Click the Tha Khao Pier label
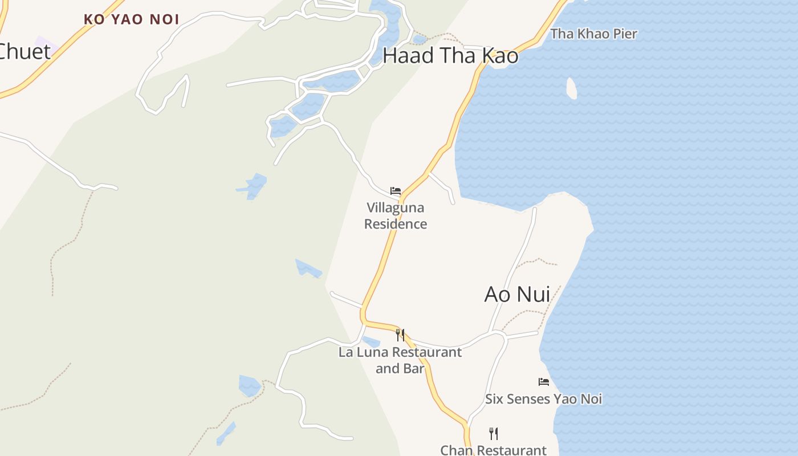pyautogui.click(x=593, y=34)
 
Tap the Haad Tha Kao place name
pyautogui.click(x=450, y=56)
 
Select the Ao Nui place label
pyautogui.click(x=517, y=294)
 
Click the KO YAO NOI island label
pyautogui.click(x=131, y=19)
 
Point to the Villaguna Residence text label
pyautogui.click(x=396, y=215)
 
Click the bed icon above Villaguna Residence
pyautogui.click(x=396, y=191)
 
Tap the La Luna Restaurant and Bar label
pyautogui.click(x=400, y=360)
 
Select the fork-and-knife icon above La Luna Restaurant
pyautogui.click(x=400, y=335)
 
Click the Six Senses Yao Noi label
pyautogui.click(x=543, y=399)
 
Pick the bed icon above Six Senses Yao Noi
pyautogui.click(x=544, y=381)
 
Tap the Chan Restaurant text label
pyautogui.click(x=493, y=450)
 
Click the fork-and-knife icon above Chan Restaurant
pyautogui.click(x=494, y=434)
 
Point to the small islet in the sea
pyautogui.click(x=572, y=88)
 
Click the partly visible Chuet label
pyautogui.click(x=24, y=51)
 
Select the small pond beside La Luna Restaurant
pyautogui.click(x=371, y=342)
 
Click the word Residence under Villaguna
pyautogui.click(x=396, y=224)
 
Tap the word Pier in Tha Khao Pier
pyautogui.click(x=624, y=34)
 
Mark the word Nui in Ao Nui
pyautogui.click(x=532, y=294)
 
